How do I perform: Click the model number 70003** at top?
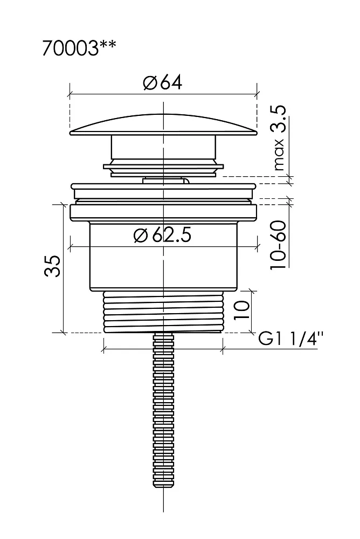point(79,48)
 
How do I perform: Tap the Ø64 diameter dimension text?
point(163,82)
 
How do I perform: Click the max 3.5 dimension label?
point(278,138)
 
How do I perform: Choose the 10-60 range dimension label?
point(278,245)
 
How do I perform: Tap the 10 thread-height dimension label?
point(241,310)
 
